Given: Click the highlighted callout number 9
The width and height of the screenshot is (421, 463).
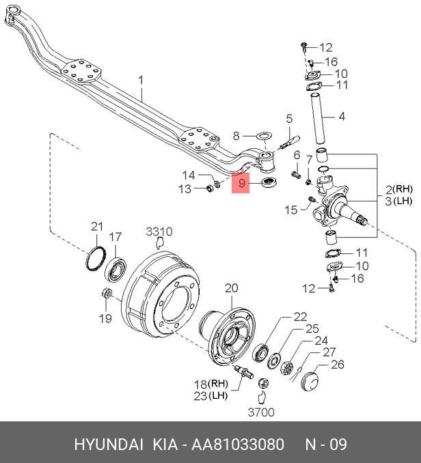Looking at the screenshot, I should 241,183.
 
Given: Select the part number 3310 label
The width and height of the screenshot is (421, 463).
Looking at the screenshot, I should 160,231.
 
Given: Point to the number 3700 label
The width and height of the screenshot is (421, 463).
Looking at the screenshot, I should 260,412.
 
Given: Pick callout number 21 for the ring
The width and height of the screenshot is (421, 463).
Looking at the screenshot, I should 96,227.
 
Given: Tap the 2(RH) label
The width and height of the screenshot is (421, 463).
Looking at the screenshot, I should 399,189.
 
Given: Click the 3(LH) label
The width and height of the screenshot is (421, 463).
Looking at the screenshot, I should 399,201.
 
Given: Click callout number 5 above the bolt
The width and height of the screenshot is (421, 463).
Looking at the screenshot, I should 289,118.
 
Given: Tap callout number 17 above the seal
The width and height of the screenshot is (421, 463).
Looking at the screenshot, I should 116,237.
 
